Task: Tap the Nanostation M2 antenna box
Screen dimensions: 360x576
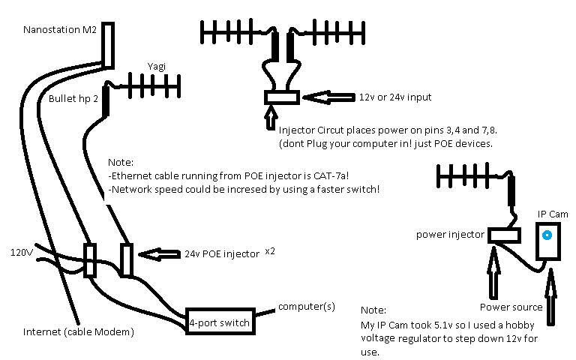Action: pos(108,44)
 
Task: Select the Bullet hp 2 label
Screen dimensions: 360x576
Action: pos(73,98)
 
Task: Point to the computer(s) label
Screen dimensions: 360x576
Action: pos(306,307)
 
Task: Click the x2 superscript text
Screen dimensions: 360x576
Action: pos(270,250)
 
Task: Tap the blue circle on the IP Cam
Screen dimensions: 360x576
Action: pos(547,235)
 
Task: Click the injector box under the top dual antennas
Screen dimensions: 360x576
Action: pos(281,97)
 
